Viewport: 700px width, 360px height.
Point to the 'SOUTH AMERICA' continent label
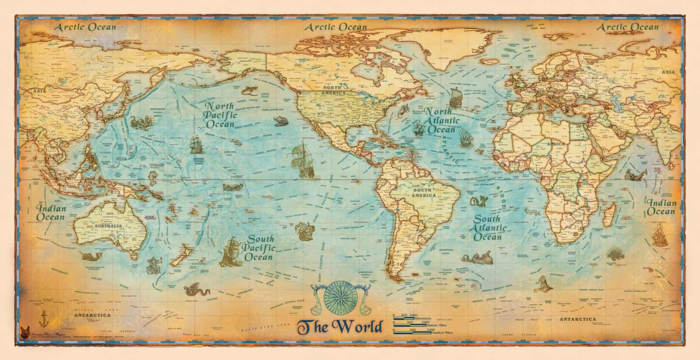coord(424,193)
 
